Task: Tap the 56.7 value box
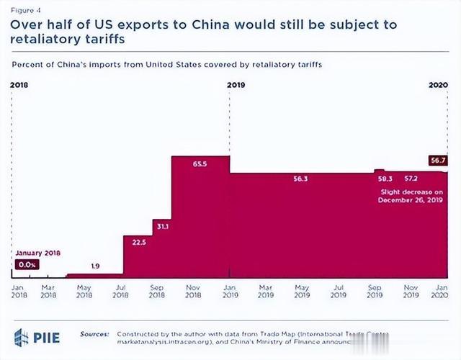click(x=437, y=161)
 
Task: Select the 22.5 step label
click(x=139, y=243)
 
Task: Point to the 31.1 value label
click(x=162, y=227)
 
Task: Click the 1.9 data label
click(x=95, y=266)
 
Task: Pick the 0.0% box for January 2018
click(x=27, y=265)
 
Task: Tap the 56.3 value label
click(x=301, y=179)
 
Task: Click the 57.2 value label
click(x=411, y=178)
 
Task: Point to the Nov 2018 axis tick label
click(x=194, y=290)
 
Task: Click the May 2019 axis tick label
click(x=302, y=290)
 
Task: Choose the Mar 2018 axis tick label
click(x=49, y=290)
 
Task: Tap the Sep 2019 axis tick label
click(x=375, y=290)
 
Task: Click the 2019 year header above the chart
click(x=237, y=85)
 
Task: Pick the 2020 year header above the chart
click(x=439, y=85)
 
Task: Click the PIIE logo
click(x=36, y=336)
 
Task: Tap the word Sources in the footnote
click(x=94, y=335)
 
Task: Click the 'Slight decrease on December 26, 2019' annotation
click(x=409, y=197)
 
